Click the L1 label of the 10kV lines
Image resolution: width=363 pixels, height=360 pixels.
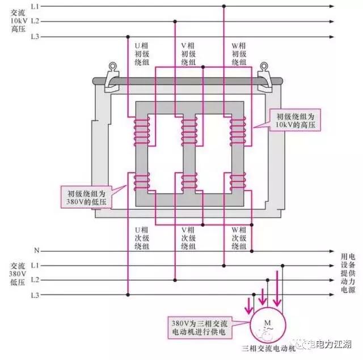[x=36, y=6]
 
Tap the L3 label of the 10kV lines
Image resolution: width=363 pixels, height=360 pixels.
[x=36, y=36]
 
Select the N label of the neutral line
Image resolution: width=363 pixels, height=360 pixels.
[x=36, y=250]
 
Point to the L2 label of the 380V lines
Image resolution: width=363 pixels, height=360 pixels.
[x=36, y=280]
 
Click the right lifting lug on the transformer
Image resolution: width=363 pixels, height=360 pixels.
[x=263, y=74]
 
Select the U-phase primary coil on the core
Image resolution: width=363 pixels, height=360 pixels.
[x=140, y=132]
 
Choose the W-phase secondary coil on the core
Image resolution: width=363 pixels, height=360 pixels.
[x=238, y=182]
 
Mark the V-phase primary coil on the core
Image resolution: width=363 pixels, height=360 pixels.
[x=189, y=132]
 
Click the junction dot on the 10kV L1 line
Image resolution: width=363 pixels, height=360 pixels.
[x=224, y=6]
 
